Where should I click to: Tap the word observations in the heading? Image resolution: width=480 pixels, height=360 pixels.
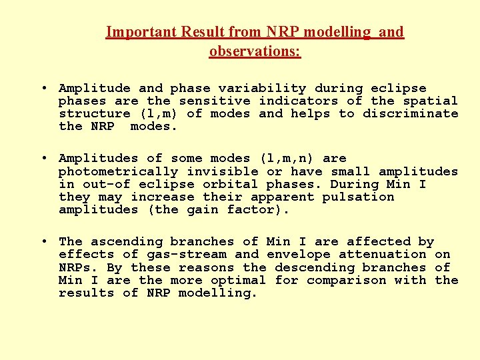255,51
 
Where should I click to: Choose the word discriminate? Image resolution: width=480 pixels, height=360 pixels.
410,113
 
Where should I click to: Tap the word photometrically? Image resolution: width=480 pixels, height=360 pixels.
118,171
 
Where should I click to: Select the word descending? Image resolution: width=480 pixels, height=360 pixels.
314,267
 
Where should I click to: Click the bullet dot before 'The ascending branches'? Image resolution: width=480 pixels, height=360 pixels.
43,241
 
